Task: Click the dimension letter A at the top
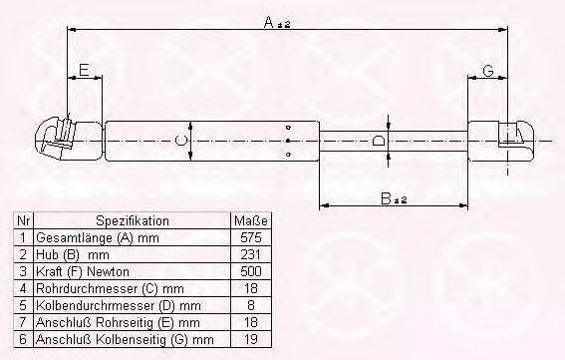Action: tap(269, 22)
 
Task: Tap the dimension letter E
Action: tap(84, 70)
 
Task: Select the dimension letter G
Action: tap(488, 71)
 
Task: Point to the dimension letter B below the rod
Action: tap(386, 198)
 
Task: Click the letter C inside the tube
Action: tap(181, 140)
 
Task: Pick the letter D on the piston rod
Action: tap(378, 140)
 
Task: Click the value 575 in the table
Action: tap(251, 237)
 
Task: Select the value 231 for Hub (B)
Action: tap(250, 254)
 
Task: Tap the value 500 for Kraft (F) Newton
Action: tap(251, 271)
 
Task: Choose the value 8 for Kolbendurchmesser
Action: tap(251, 305)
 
